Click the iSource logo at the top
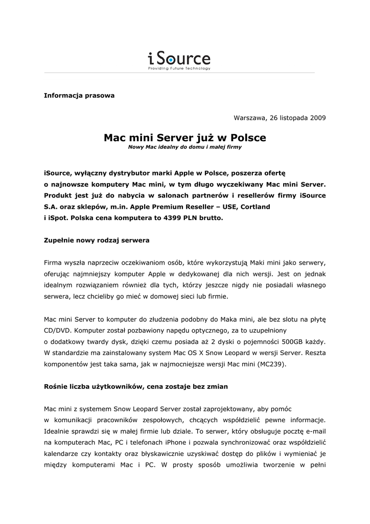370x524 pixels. (179, 58)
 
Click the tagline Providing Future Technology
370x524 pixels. (179, 69)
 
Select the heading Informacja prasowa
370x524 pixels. (79, 96)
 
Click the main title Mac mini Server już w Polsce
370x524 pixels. (185, 138)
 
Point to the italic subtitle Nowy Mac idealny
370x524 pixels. (185, 147)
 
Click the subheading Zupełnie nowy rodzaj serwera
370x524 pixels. (97, 239)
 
